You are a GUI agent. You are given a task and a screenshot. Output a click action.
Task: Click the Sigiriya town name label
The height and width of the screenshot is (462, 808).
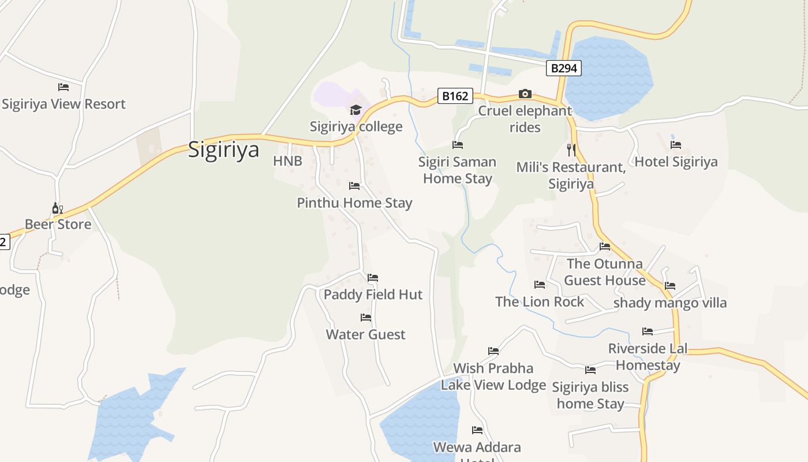pos(224,150)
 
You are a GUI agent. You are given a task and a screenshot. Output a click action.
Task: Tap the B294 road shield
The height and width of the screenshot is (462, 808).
pos(563,68)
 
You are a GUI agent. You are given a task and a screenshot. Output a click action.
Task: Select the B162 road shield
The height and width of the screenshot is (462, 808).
pos(455,96)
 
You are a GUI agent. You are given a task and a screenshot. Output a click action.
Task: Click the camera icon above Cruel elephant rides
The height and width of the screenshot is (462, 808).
pos(525,94)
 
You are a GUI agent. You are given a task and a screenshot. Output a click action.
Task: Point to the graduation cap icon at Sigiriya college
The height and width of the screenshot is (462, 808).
pos(356,110)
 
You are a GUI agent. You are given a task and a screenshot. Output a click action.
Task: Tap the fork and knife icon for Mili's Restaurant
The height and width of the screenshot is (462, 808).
pos(571,150)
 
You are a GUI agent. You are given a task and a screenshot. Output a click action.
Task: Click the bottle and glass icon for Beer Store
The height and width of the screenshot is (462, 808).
pos(57,208)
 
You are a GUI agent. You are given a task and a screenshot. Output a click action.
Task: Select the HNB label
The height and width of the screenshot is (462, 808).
pos(287,161)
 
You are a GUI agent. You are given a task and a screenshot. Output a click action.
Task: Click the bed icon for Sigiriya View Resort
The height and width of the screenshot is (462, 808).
pos(63,87)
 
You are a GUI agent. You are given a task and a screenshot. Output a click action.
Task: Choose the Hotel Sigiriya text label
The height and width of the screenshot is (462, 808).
pos(676,162)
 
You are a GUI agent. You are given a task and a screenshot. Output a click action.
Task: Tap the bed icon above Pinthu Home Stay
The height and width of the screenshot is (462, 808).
pos(354,186)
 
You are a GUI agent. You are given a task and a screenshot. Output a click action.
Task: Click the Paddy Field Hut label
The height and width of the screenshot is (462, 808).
pos(373,295)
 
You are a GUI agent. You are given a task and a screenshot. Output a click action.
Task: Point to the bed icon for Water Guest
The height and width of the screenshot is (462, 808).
pos(366,318)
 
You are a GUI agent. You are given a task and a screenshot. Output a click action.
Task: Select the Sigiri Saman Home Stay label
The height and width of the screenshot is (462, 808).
pos(457,170)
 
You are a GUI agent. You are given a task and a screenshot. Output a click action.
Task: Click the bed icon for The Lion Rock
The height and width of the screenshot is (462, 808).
pos(540,285)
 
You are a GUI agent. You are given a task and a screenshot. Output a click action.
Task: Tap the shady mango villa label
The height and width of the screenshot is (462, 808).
pos(669,303)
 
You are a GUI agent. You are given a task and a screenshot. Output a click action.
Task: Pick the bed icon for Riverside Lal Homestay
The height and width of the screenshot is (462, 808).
pos(648,331)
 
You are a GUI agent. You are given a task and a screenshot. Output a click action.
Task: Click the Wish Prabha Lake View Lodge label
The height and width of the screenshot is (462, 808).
pos(493,377)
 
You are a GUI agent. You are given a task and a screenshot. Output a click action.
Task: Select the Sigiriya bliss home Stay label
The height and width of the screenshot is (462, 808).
pos(590,395)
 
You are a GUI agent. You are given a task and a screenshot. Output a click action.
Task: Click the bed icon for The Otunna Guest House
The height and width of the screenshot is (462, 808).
pos(605,247)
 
